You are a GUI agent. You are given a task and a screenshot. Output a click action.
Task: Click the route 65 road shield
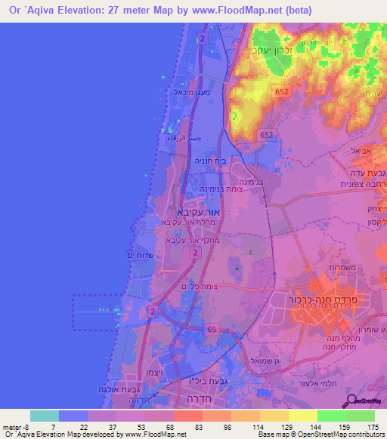(211, 329)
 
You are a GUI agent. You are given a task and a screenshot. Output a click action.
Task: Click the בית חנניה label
(212, 160)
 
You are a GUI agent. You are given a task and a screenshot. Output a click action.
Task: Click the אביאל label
(361, 151)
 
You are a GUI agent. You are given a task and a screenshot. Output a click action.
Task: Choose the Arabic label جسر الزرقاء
(184, 139)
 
